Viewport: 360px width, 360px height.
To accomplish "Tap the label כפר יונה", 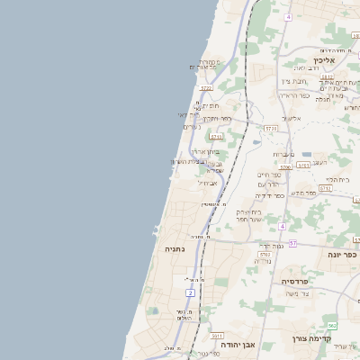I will click(341, 255).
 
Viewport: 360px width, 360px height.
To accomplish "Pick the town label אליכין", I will click(323, 60).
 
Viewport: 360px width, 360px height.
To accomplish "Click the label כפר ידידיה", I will click(269, 194).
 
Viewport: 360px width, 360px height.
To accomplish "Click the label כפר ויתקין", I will click(217, 118).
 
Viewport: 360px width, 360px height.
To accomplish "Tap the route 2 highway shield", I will click(191, 293).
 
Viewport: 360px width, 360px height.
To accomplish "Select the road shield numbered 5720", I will click(206, 88).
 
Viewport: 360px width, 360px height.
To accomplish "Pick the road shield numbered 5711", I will click(216, 137).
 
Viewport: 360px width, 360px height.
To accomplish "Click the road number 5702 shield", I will click(265, 256).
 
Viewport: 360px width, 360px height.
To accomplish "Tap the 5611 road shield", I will click(217, 334).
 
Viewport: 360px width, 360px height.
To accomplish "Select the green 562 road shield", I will click(331, 325).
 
